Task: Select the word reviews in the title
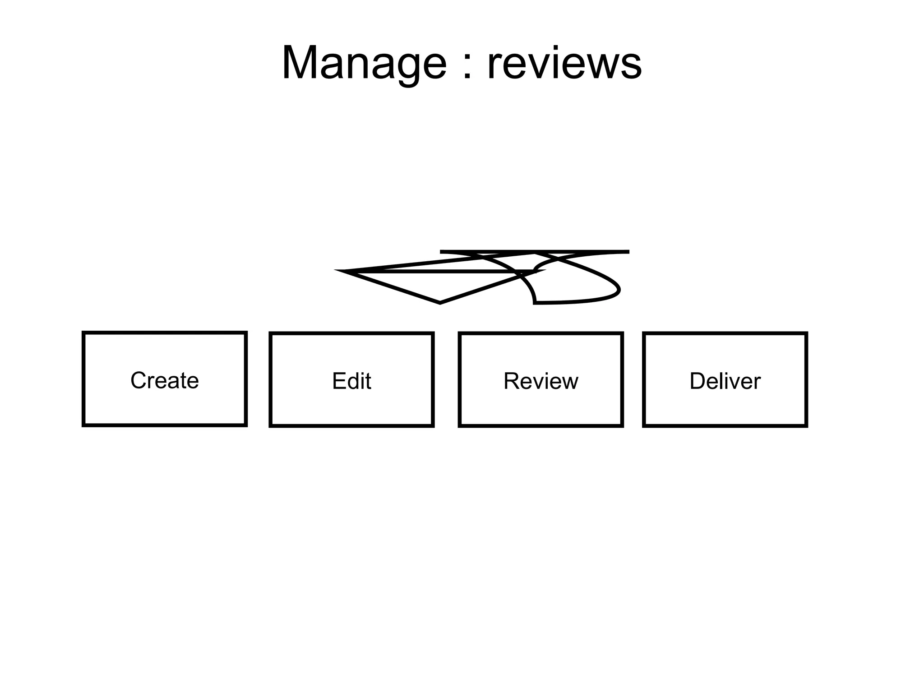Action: tap(564, 64)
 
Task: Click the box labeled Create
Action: tap(165, 379)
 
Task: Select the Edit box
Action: tap(351, 380)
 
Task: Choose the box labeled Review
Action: tap(541, 380)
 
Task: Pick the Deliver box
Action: tap(725, 380)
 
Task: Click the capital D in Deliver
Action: tap(697, 381)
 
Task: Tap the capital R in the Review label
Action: tap(511, 381)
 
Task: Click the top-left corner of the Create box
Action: tap(84, 333)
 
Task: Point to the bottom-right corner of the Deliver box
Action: tap(806, 425)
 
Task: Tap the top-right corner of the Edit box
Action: tap(433, 334)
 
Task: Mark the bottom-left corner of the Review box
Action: tap(460, 425)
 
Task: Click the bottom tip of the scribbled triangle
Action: tap(440, 303)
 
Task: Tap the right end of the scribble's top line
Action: tap(628, 252)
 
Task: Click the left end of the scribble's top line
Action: tap(441, 252)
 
